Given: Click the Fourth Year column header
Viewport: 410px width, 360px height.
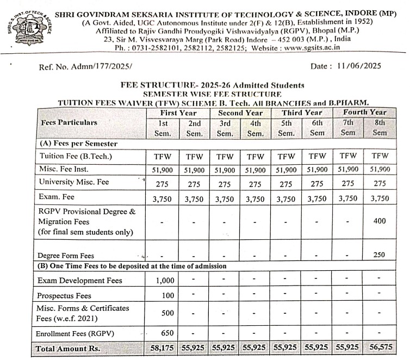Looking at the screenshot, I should point(364,112).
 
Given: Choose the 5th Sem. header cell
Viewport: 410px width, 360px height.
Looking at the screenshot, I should point(287,128).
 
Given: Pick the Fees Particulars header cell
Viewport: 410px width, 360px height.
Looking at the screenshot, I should point(69,122).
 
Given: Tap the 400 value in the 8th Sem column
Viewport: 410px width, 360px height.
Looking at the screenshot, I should point(380,221).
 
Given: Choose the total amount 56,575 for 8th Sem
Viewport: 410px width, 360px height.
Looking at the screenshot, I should point(380,346).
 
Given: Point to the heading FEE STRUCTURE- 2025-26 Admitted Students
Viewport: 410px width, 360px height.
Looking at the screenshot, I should point(213,85).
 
